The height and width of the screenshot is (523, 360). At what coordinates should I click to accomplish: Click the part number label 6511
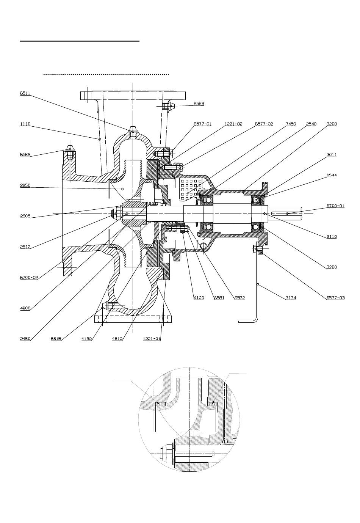(x=25, y=93)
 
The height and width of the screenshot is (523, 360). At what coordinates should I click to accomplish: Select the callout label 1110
(x=25, y=124)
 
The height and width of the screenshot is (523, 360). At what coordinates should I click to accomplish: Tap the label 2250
(x=25, y=185)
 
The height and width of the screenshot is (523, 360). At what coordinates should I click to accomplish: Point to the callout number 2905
(x=25, y=216)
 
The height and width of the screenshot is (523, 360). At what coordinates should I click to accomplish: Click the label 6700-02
(x=29, y=277)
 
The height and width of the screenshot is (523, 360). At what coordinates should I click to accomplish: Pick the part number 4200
(x=25, y=308)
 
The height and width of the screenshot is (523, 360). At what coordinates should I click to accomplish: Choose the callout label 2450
(x=25, y=339)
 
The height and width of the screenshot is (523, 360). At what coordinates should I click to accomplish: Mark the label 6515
(x=56, y=339)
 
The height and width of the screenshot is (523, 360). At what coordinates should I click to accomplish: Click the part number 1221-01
(x=152, y=339)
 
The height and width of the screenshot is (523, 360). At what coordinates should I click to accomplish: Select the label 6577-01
(x=202, y=124)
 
